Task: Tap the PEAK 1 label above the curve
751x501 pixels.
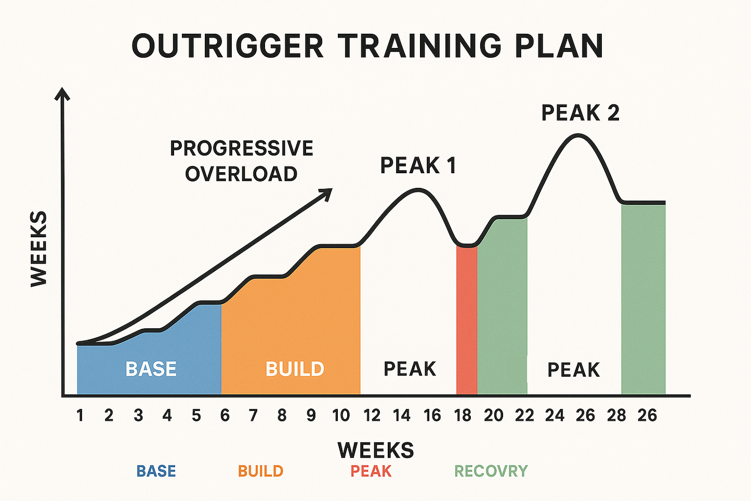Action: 418,165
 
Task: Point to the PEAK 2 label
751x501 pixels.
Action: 580,113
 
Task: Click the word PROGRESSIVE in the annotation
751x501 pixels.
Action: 242,148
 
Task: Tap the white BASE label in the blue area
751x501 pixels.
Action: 151,369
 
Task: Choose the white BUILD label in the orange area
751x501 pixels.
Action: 295,369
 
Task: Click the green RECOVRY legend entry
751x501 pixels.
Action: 491,471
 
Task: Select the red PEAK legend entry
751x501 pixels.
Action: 371,471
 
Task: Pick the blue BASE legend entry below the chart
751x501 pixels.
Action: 156,471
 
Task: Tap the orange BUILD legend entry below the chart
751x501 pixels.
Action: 260,471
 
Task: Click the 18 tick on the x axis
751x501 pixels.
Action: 463,416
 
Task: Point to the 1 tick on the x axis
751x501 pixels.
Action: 80,416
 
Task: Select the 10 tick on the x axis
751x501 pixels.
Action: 341,416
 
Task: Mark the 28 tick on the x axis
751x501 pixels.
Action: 616,416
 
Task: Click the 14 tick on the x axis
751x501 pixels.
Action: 402,416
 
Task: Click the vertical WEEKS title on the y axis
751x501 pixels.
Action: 39,249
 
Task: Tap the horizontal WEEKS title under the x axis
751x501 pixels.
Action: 376,450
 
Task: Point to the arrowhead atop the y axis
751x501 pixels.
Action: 62,94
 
